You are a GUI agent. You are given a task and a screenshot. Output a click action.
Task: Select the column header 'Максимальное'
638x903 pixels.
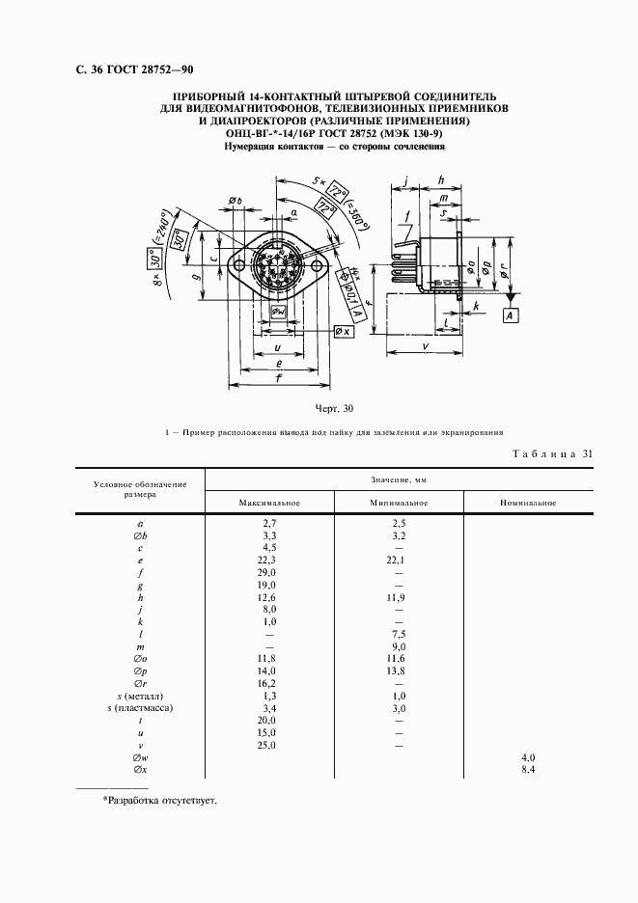click(x=270, y=503)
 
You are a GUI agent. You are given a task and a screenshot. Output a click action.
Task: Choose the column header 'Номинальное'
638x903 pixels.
click(x=528, y=503)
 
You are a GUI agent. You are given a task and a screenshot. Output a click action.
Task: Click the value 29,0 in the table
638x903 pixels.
click(x=269, y=572)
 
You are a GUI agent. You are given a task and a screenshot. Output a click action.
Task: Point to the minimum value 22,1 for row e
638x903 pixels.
click(x=398, y=559)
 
